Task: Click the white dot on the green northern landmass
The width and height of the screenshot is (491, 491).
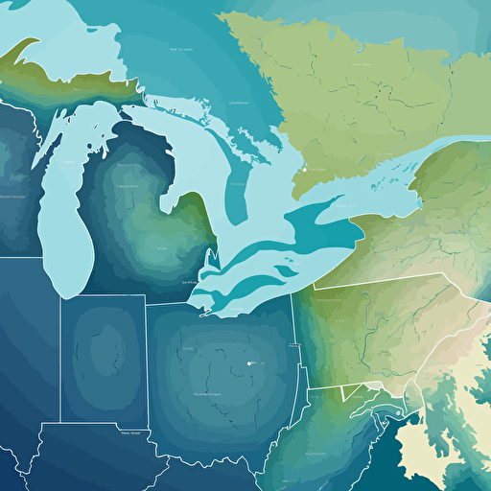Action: click(x=303, y=169)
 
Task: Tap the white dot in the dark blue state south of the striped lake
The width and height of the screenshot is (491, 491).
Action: click(x=249, y=363)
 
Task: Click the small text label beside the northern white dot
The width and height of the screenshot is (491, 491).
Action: click(x=316, y=169)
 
